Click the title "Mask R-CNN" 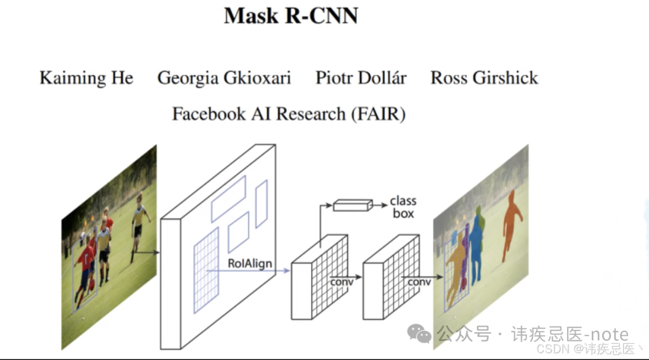291,16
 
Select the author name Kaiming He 87,78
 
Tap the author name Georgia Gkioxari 224,78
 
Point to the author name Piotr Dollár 361,78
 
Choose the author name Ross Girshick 484,78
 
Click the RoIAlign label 250,263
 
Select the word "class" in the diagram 403,201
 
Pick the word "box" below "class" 403,213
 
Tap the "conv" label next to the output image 419,281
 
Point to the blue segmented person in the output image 477,246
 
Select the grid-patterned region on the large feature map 206,270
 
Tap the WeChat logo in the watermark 419,334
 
